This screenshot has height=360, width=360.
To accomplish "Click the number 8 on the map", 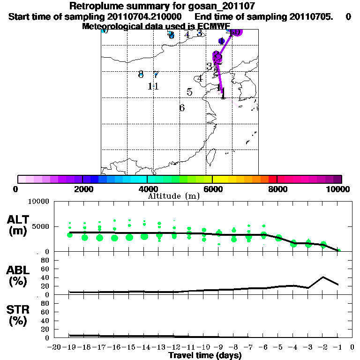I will pyautogui.click(x=141, y=74).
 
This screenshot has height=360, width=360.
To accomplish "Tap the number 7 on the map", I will pyautogui.click(x=156, y=75).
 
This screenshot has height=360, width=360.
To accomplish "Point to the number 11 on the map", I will pyautogui.click(x=153, y=86).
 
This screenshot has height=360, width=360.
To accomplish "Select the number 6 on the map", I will pyautogui.click(x=182, y=108).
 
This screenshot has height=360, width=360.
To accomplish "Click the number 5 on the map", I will pyautogui.click(x=189, y=92).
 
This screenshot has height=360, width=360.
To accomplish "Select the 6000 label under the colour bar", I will pyautogui.click(x=212, y=189).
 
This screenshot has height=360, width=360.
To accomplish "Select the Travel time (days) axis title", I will pyautogui.click(x=205, y=355).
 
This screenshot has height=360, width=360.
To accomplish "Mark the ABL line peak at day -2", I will pyautogui.click(x=323, y=277).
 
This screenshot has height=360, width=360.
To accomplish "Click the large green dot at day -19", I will pyautogui.click(x=70, y=234).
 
